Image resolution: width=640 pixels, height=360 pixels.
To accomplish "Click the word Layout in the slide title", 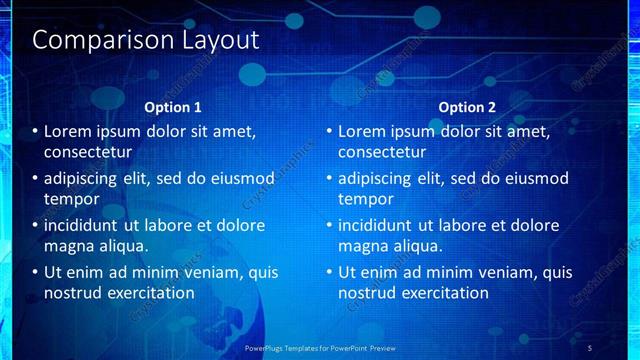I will [219, 41].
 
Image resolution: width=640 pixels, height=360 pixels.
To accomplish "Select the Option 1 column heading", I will [173, 107].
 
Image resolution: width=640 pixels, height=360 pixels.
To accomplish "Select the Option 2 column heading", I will [467, 107].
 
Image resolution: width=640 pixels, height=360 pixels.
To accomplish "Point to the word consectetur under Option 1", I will [88, 153].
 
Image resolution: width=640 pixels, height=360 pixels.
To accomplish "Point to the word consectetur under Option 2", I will [382, 153].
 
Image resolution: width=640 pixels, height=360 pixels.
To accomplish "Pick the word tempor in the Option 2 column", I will [366, 199].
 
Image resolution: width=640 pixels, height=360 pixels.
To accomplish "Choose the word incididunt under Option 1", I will [82, 226].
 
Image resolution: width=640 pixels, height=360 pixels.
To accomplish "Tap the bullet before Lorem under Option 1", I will [35, 131].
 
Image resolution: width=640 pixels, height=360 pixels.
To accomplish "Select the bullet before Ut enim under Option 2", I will [329, 272].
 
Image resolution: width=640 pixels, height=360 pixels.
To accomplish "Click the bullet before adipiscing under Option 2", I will [329, 179].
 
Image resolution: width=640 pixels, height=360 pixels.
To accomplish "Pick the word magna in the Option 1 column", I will [69, 246].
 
